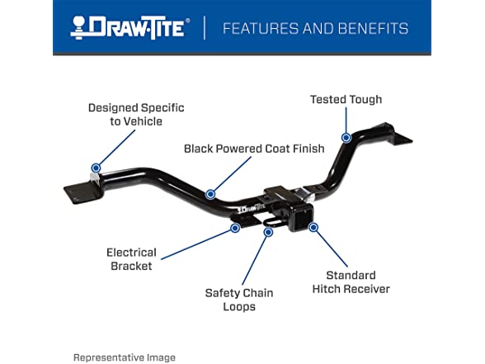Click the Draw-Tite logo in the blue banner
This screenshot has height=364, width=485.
point(130,28)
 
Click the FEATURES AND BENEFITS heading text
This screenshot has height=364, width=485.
point(315,28)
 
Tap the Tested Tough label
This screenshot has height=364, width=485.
point(346,99)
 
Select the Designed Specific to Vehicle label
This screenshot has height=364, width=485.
point(136,115)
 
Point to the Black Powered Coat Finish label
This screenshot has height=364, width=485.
point(254,149)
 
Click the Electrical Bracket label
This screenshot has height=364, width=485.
point(131,259)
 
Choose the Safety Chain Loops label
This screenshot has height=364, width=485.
point(239,300)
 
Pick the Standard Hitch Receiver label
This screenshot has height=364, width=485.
point(351,282)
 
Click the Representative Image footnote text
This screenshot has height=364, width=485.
point(125,357)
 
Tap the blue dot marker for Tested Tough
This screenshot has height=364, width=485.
point(346,137)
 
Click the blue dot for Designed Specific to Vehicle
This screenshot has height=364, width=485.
point(96,168)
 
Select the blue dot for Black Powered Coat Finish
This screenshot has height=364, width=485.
point(210,194)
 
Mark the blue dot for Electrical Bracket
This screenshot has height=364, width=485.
point(235,228)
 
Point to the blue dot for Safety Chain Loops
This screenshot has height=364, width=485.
point(268,232)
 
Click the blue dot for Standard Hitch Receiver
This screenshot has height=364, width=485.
point(313,228)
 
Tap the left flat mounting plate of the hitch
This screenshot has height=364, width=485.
point(82,192)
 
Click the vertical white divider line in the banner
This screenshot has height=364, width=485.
point(205,28)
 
